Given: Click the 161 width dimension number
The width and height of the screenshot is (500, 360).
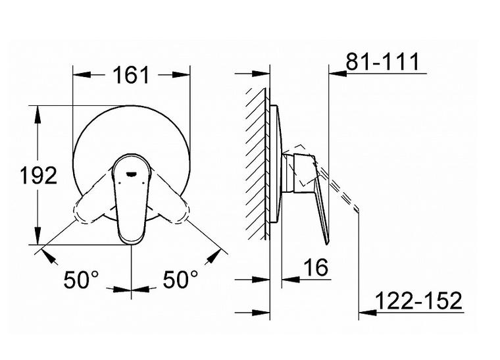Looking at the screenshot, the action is [131, 75].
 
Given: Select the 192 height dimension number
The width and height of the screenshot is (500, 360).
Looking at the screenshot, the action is [39, 175].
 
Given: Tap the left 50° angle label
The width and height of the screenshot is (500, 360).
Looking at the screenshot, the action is [82, 279].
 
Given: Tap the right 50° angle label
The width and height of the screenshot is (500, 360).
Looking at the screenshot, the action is [180, 279].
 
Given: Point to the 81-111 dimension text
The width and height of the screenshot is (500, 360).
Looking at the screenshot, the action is [383, 62].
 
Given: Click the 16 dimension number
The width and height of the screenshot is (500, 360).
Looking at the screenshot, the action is [315, 267].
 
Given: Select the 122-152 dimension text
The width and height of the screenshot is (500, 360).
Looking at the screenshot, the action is [418, 300].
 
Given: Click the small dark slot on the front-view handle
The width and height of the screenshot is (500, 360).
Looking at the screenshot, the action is [132, 174].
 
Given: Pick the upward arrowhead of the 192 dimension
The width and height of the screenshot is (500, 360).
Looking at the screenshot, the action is [37, 115].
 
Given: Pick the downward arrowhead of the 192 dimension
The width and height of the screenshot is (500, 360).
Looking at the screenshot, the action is [37, 236].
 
